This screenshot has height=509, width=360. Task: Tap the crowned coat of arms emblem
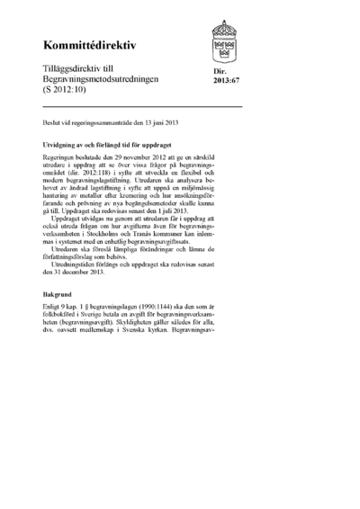222,39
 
